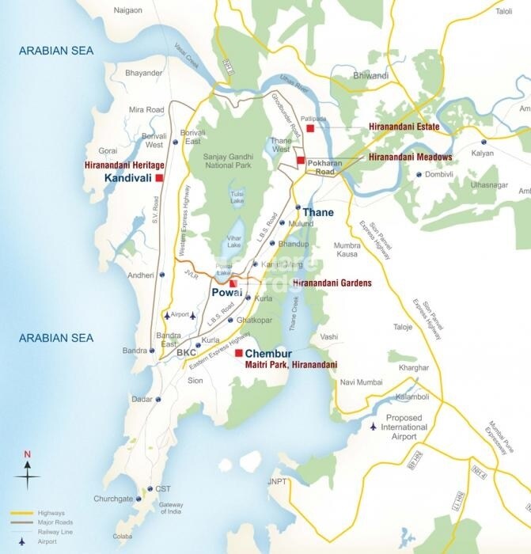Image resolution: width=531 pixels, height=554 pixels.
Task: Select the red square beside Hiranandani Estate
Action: [x=311, y=127]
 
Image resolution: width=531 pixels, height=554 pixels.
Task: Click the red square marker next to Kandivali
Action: [x=159, y=178]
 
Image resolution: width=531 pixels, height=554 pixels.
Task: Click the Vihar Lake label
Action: [x=234, y=241]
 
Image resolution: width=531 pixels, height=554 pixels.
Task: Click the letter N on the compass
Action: [x=27, y=454]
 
